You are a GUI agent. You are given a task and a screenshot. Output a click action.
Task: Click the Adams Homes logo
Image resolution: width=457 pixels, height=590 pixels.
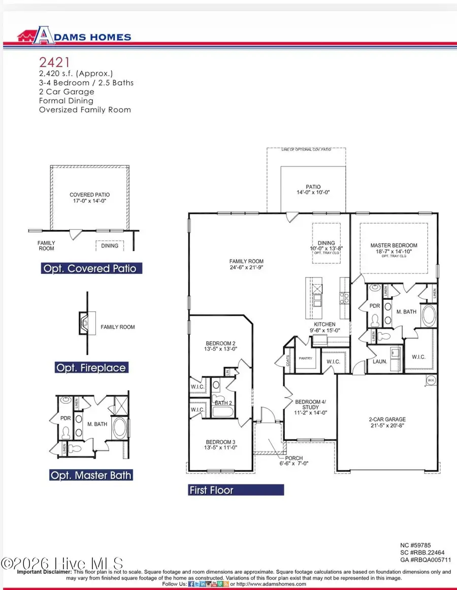click(74, 36)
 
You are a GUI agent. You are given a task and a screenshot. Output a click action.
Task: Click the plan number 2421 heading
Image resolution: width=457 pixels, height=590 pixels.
click(53, 62)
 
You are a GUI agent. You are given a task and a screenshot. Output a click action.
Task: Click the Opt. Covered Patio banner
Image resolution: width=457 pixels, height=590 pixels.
click(91, 268)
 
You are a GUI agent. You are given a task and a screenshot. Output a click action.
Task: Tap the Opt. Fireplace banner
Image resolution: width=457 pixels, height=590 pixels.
click(91, 368)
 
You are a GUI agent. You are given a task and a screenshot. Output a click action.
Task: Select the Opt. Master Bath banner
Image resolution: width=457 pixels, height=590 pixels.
click(91, 475)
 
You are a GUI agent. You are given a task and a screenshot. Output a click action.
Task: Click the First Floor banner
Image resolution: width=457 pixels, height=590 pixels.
click(236, 490)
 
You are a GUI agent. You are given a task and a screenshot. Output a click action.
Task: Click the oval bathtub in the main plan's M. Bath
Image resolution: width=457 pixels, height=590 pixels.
click(430, 315)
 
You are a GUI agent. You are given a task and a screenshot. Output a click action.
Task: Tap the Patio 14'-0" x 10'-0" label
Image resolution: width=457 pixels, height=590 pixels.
click(313, 189)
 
